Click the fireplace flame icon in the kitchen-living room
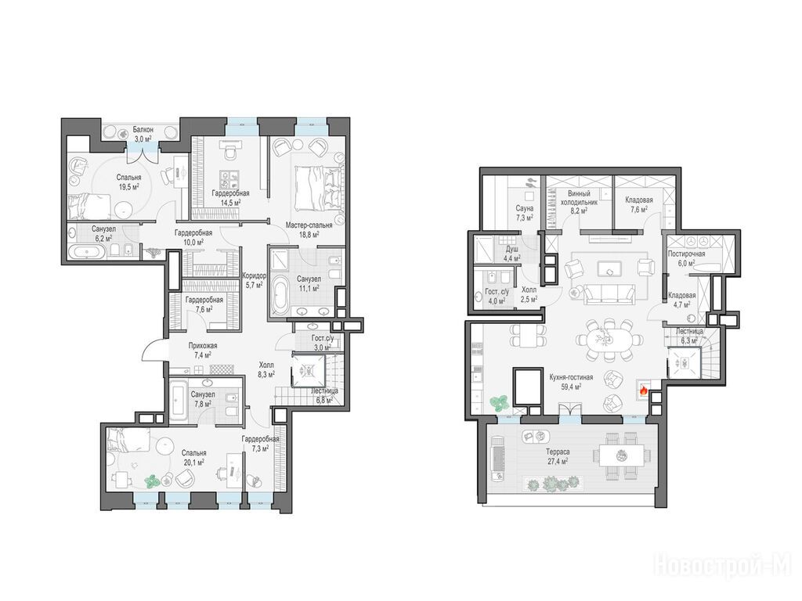pos(643,391)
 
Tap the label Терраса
pos(557,452)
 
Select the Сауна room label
pos(524,208)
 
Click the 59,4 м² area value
pos(571,387)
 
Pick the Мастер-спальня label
pos(309,225)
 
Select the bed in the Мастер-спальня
pos(317,187)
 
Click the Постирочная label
pos(686,254)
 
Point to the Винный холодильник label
pos(579,198)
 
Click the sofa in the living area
pos(609,293)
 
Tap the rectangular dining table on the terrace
pos(619,455)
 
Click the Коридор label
pos(255,275)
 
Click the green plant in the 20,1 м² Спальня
pos(151,480)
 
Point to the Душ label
pos(512,249)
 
